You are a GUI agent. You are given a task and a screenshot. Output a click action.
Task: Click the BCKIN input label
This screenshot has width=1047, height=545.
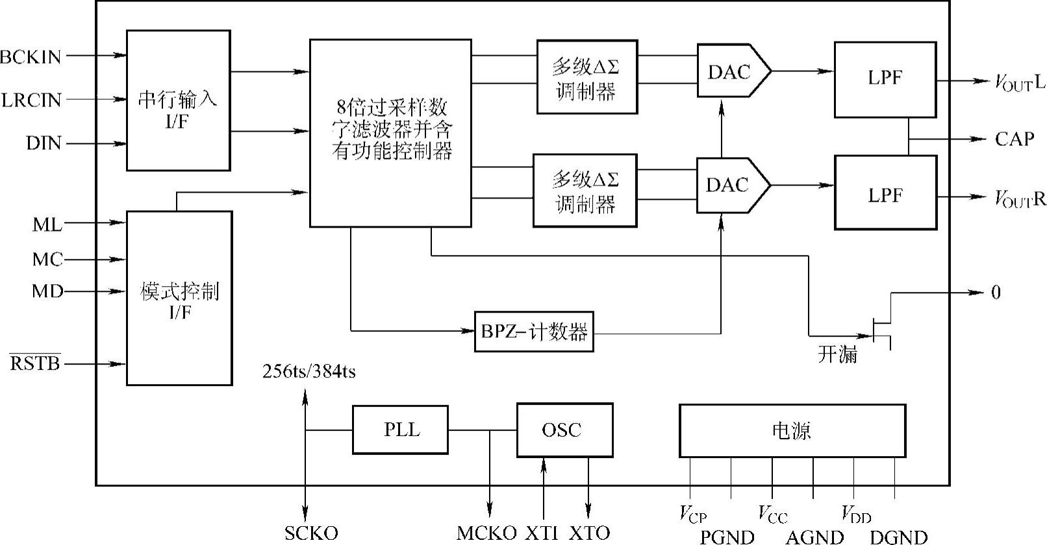tap(31, 57)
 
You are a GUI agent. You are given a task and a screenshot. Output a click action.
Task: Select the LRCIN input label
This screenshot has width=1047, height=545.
tap(31, 100)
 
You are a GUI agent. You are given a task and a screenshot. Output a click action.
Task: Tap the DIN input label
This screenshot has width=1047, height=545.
tap(44, 143)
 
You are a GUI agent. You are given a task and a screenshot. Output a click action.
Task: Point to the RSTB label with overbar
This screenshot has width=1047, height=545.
tap(35, 363)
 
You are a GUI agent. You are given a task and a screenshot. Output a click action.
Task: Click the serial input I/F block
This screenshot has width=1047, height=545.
tap(178, 101)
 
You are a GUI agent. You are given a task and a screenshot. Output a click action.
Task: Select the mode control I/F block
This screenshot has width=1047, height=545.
tap(179, 298)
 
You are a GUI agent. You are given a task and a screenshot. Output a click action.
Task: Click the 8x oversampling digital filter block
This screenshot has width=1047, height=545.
tap(390, 133)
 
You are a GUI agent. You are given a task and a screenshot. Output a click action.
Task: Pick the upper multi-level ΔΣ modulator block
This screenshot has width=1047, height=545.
tap(587, 77)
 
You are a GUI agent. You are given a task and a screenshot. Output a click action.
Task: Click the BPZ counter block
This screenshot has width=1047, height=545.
tap(533, 332)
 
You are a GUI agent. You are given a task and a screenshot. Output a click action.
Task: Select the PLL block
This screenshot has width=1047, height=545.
tap(400, 430)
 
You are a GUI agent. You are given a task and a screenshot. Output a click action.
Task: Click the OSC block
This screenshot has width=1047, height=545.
tap(564, 430)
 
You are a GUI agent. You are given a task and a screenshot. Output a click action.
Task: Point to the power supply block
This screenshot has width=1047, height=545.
tap(792, 431)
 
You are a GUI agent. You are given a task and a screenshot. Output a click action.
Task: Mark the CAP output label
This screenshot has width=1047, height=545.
tap(1014, 139)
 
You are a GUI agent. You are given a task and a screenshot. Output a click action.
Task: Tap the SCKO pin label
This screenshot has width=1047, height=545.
tap(311, 533)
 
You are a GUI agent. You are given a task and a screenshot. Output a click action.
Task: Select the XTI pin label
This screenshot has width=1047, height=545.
tap(542, 533)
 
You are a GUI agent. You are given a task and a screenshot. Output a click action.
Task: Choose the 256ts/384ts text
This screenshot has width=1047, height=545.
tap(309, 372)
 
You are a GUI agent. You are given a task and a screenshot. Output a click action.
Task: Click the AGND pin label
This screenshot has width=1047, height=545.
tap(814, 537)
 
